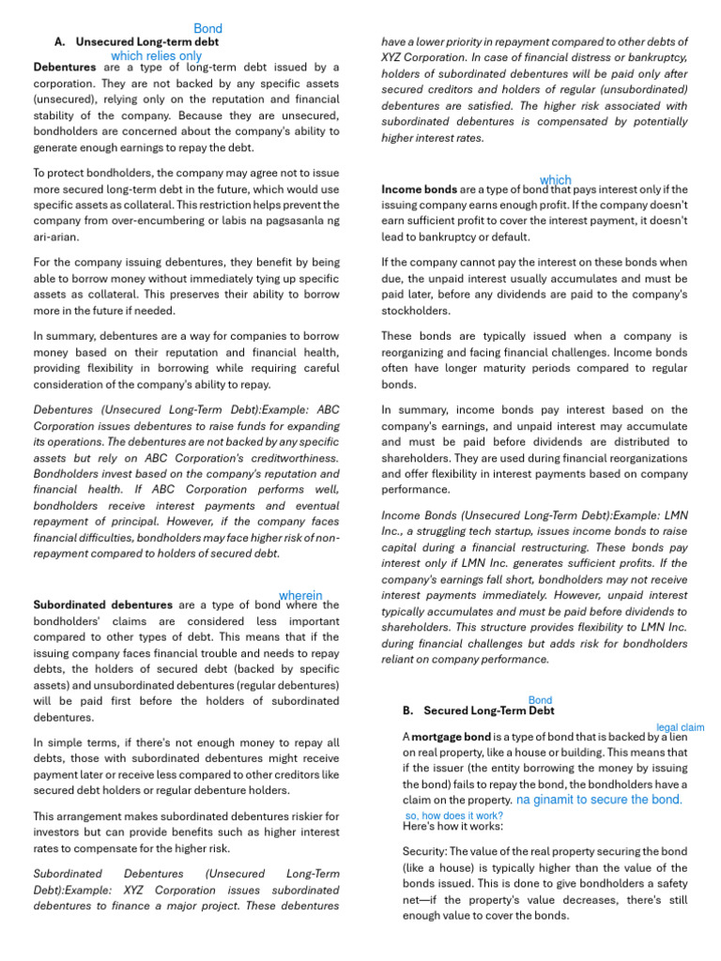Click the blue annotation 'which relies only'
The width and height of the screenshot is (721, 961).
point(156,56)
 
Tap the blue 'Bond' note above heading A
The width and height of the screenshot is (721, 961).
point(207,29)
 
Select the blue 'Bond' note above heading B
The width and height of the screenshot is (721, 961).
point(540,700)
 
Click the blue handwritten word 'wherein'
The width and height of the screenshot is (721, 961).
point(300,595)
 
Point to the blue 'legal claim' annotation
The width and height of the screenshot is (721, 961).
point(680,727)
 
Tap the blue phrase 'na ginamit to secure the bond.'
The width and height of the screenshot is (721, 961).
point(599,800)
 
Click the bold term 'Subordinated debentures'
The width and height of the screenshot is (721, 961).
point(102,605)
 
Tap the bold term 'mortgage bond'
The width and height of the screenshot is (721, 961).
point(451,738)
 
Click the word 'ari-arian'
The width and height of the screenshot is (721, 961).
point(58,236)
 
